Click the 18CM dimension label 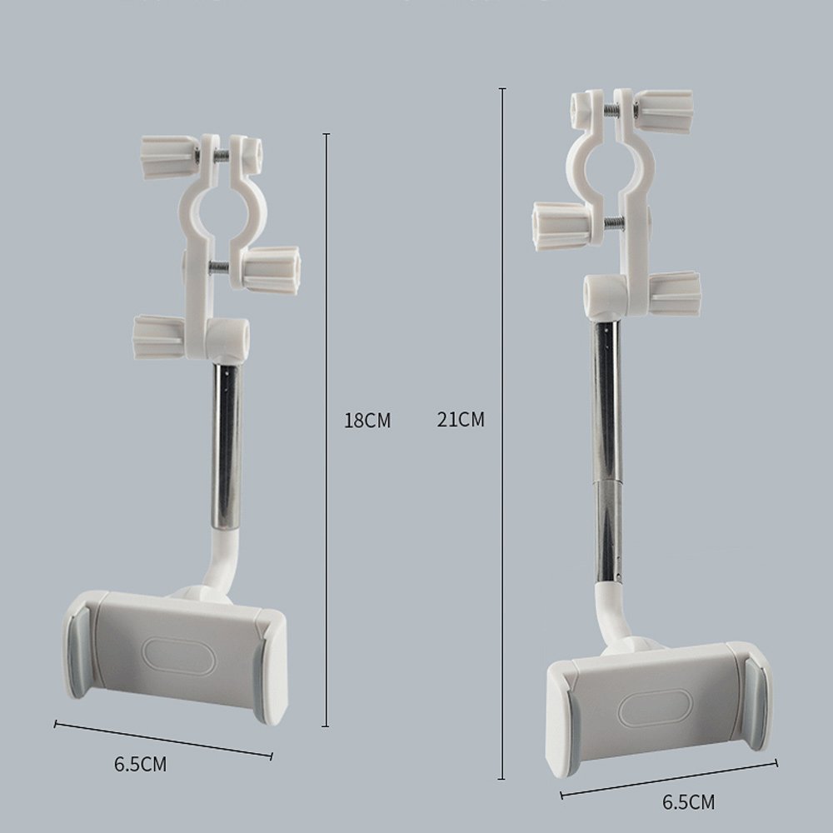[x=367, y=420]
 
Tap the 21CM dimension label [x=461, y=420]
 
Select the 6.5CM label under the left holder [x=140, y=764]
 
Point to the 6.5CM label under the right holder [x=689, y=801]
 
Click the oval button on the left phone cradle [x=178, y=656]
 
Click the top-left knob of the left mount [x=170, y=157]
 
